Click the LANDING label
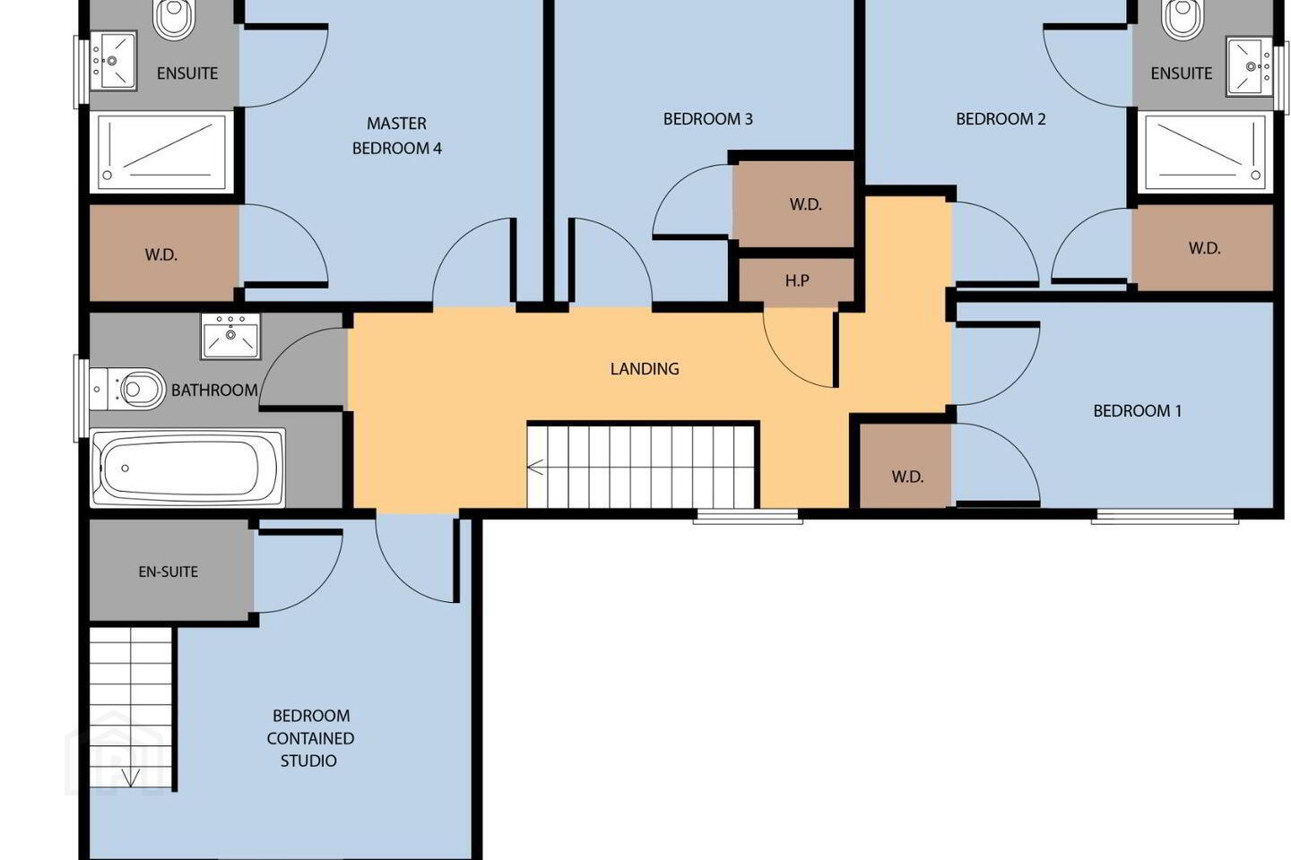[645, 369]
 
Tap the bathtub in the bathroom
[188, 468]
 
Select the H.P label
[797, 280]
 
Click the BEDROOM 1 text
[1137, 410]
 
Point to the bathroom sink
[230, 337]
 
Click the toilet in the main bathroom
[128, 390]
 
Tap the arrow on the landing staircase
[535, 468]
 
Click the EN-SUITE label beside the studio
[169, 572]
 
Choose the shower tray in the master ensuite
[161, 152]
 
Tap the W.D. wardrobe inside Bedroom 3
[795, 204]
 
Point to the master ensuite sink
[113, 61]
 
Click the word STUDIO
[308, 761]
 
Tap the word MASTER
[396, 124]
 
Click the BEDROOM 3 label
[707, 119]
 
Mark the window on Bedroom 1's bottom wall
[1165, 516]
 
